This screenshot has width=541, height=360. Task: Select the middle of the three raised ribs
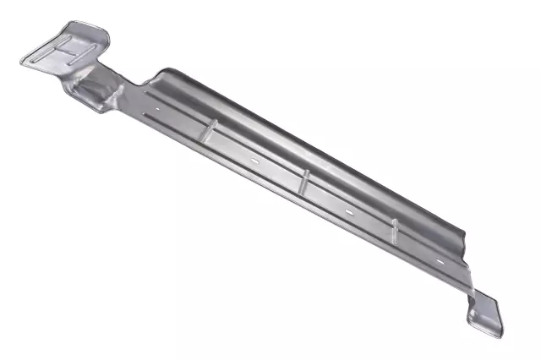[304, 178]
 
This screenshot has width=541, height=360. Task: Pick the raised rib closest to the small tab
[394, 227]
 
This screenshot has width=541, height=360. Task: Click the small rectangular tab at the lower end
[487, 314]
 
